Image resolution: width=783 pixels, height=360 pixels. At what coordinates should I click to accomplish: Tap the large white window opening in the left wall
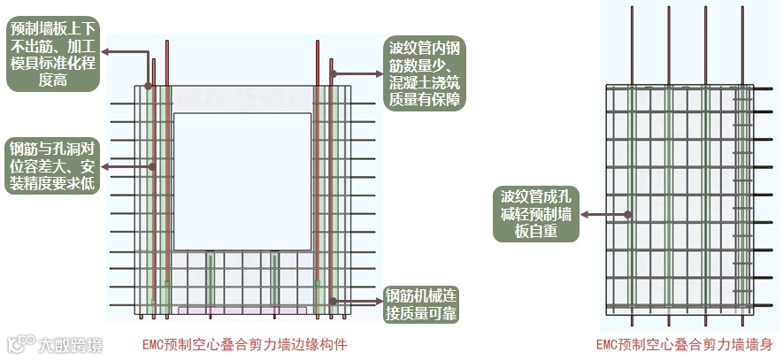[242, 180]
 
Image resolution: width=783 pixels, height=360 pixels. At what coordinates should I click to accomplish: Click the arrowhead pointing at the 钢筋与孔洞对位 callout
[105, 165]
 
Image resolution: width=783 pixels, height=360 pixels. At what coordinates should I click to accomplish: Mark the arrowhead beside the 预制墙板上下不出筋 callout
[105, 50]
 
